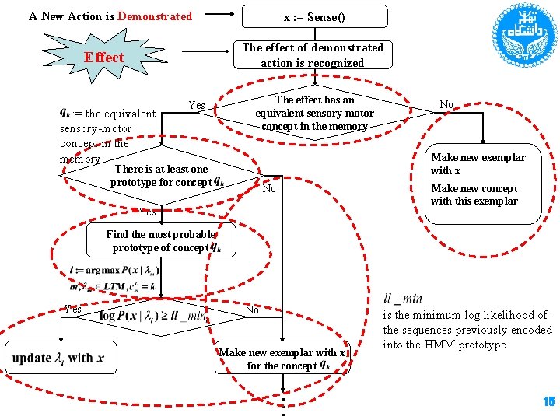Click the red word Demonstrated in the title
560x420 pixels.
coord(155,16)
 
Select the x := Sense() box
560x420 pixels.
coord(313,16)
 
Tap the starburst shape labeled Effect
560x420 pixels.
coord(103,57)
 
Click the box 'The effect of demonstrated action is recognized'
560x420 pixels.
coord(313,54)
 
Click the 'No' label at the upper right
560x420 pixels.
coord(446,104)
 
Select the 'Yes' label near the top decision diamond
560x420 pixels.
coord(197,106)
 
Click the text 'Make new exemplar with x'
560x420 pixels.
coord(478,163)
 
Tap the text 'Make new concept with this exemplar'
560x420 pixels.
coord(474,194)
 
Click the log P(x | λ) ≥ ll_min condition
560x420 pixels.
coord(152,315)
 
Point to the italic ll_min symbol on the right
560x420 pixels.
coord(403,298)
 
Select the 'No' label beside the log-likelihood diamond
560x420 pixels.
coord(252,310)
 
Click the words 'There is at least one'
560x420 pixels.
coord(161,169)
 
